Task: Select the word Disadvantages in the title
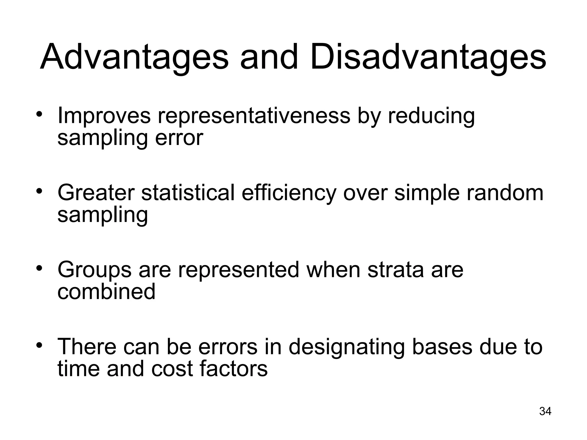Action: pyautogui.click(x=428, y=57)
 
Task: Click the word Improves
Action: pyautogui.click(x=104, y=116)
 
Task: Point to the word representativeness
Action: pyautogui.click(x=254, y=116)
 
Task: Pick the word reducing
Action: pyautogui.click(x=431, y=116)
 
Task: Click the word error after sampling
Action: pyautogui.click(x=179, y=138)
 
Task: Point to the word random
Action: pyautogui.click(x=505, y=192)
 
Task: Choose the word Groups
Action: pyautogui.click(x=95, y=270)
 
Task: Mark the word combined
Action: pyautogui.click(x=106, y=292)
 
